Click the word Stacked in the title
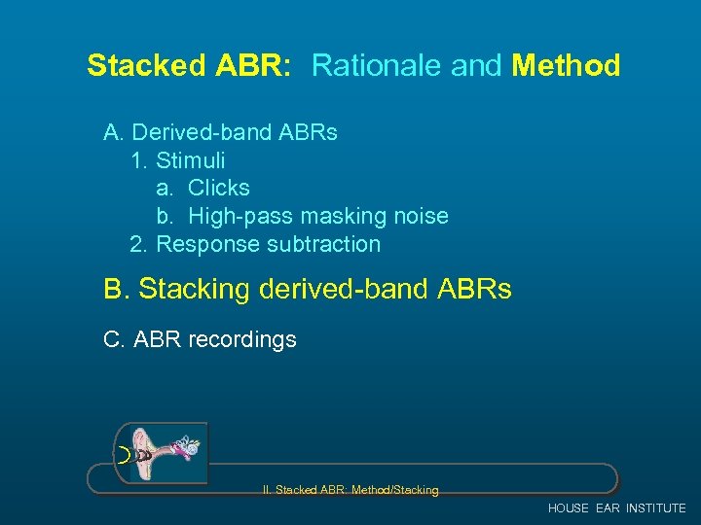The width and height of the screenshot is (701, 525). point(146,66)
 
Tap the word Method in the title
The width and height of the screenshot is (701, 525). point(566,66)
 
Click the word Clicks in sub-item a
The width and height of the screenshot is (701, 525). point(219,188)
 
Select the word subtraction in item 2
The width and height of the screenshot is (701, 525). point(321,244)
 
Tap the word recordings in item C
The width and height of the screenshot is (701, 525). point(243,339)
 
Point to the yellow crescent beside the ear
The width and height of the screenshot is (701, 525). point(124,454)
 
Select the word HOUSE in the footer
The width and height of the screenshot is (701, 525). point(568,508)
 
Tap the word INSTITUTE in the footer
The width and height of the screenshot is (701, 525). point(655,508)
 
